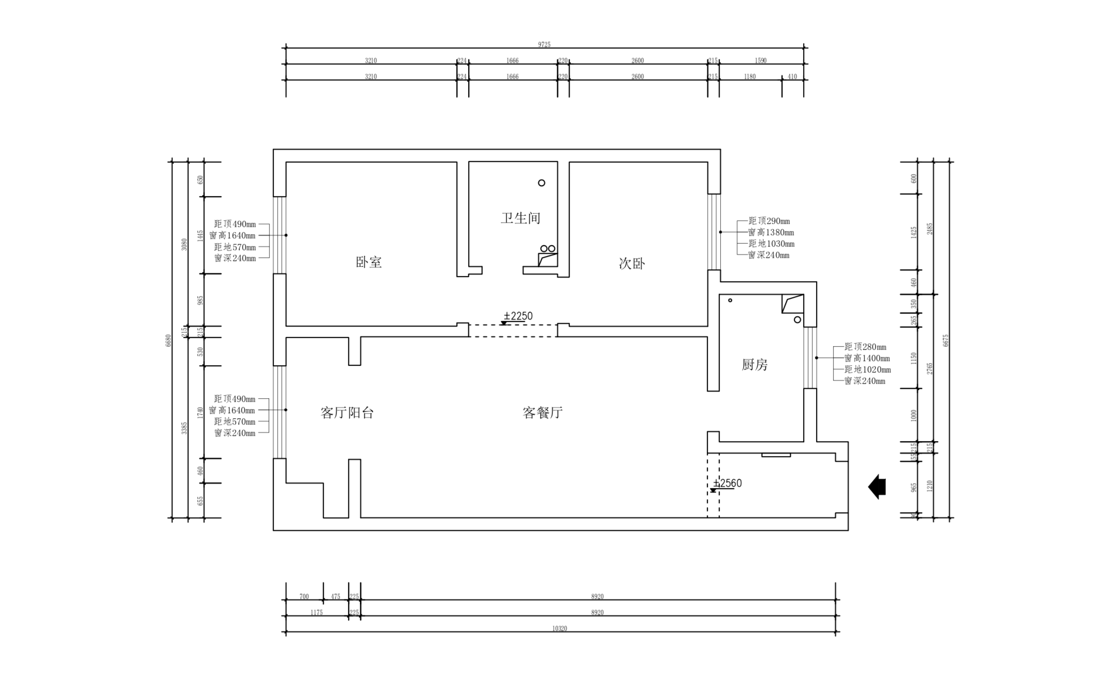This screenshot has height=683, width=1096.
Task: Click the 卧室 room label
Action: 369,262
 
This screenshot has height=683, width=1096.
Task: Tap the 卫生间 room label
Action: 520,218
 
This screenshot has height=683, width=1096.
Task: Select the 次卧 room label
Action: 632,264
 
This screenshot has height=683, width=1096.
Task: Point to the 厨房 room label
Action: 754,365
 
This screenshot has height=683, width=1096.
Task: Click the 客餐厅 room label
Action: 542,413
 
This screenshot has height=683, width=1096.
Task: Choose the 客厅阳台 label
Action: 347,413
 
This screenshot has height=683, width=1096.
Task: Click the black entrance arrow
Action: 877,486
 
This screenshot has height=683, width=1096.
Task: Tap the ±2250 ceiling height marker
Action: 518,316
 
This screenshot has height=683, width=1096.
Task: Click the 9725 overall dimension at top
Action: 544,45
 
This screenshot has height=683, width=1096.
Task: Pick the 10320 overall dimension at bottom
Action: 559,628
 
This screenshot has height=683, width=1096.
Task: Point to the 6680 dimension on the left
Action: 168,340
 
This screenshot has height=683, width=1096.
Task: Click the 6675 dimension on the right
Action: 945,340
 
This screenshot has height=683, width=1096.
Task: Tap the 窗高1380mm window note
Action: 771,233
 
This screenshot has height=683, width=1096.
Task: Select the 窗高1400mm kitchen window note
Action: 867,359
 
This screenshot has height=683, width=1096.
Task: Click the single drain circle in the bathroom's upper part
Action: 541,183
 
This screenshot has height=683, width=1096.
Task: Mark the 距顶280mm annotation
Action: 865,347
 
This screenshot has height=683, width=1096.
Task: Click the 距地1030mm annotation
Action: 771,244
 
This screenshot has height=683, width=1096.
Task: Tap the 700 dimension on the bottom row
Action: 304,596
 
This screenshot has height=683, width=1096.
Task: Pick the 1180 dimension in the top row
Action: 750,77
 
